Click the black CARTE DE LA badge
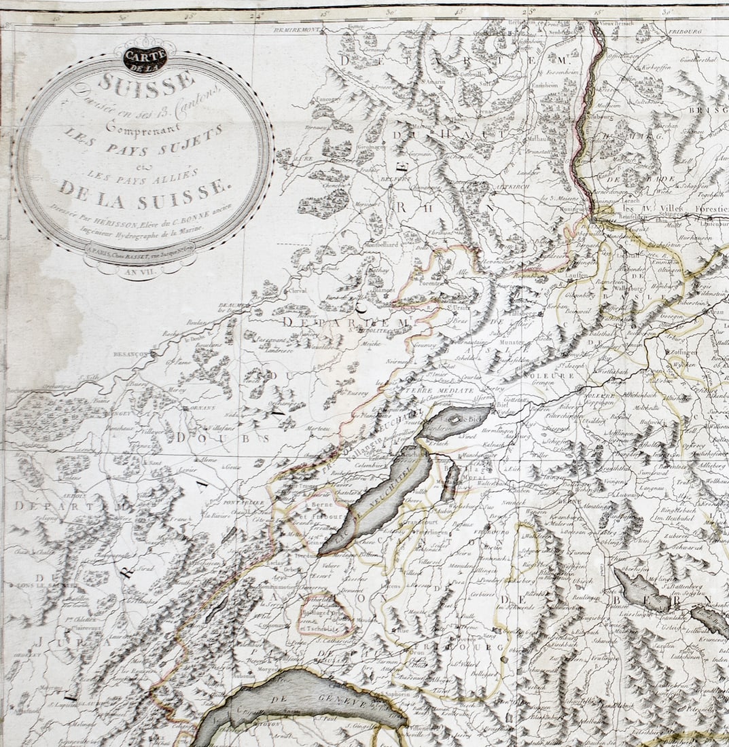(x=144, y=58)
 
